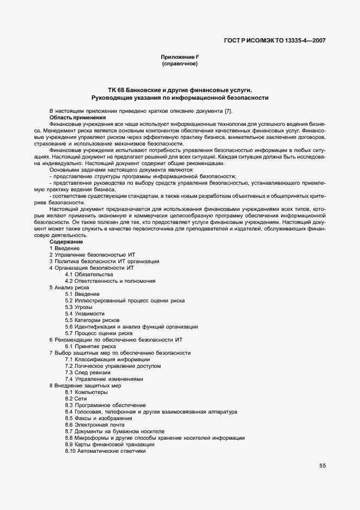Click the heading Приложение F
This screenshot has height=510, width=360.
pos(179,57)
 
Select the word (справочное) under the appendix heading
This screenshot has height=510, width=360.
pos(179,64)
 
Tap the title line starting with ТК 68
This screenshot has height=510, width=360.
pos(180,90)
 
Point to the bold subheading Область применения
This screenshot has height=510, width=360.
pos(77,118)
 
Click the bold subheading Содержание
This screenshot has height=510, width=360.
pos(66,241)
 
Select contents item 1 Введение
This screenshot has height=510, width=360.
pos(64,248)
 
